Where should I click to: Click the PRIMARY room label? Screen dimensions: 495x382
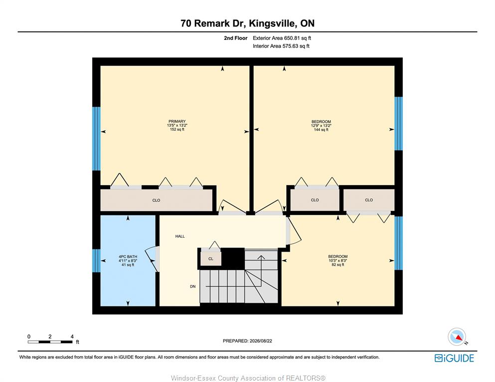pyautogui.click(x=177, y=121)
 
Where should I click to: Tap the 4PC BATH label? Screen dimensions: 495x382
pyautogui.click(x=128, y=257)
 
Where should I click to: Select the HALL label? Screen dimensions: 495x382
pyautogui.click(x=180, y=236)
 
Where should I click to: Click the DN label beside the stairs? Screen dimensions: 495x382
pyautogui.click(x=192, y=286)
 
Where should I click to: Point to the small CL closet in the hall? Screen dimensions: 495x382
pyautogui.click(x=211, y=259)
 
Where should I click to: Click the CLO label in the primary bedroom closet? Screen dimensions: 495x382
pyautogui.click(x=156, y=200)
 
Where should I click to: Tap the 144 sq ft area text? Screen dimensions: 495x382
pyautogui.click(x=321, y=129)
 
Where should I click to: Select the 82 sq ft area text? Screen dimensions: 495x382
pyautogui.click(x=338, y=265)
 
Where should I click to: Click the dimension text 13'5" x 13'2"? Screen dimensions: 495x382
pyautogui.click(x=177, y=125)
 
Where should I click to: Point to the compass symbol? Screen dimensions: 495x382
pyautogui.click(x=457, y=337)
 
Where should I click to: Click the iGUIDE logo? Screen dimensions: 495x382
pyautogui.click(x=454, y=358)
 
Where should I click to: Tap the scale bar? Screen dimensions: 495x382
pyautogui.click(x=50, y=342)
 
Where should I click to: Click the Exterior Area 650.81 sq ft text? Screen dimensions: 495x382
pyautogui.click(x=282, y=38)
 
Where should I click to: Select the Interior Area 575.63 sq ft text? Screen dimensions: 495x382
pyautogui.click(x=281, y=46)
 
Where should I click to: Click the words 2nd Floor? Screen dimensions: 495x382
pyautogui.click(x=235, y=38)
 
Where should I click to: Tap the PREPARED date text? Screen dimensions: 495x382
pyautogui.click(x=247, y=341)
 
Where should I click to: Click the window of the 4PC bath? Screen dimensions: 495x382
pyautogui.click(x=96, y=261)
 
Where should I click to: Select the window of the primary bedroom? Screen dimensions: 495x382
pyautogui.click(x=96, y=139)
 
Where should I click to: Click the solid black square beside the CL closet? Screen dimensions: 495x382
pyautogui.click(x=233, y=259)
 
